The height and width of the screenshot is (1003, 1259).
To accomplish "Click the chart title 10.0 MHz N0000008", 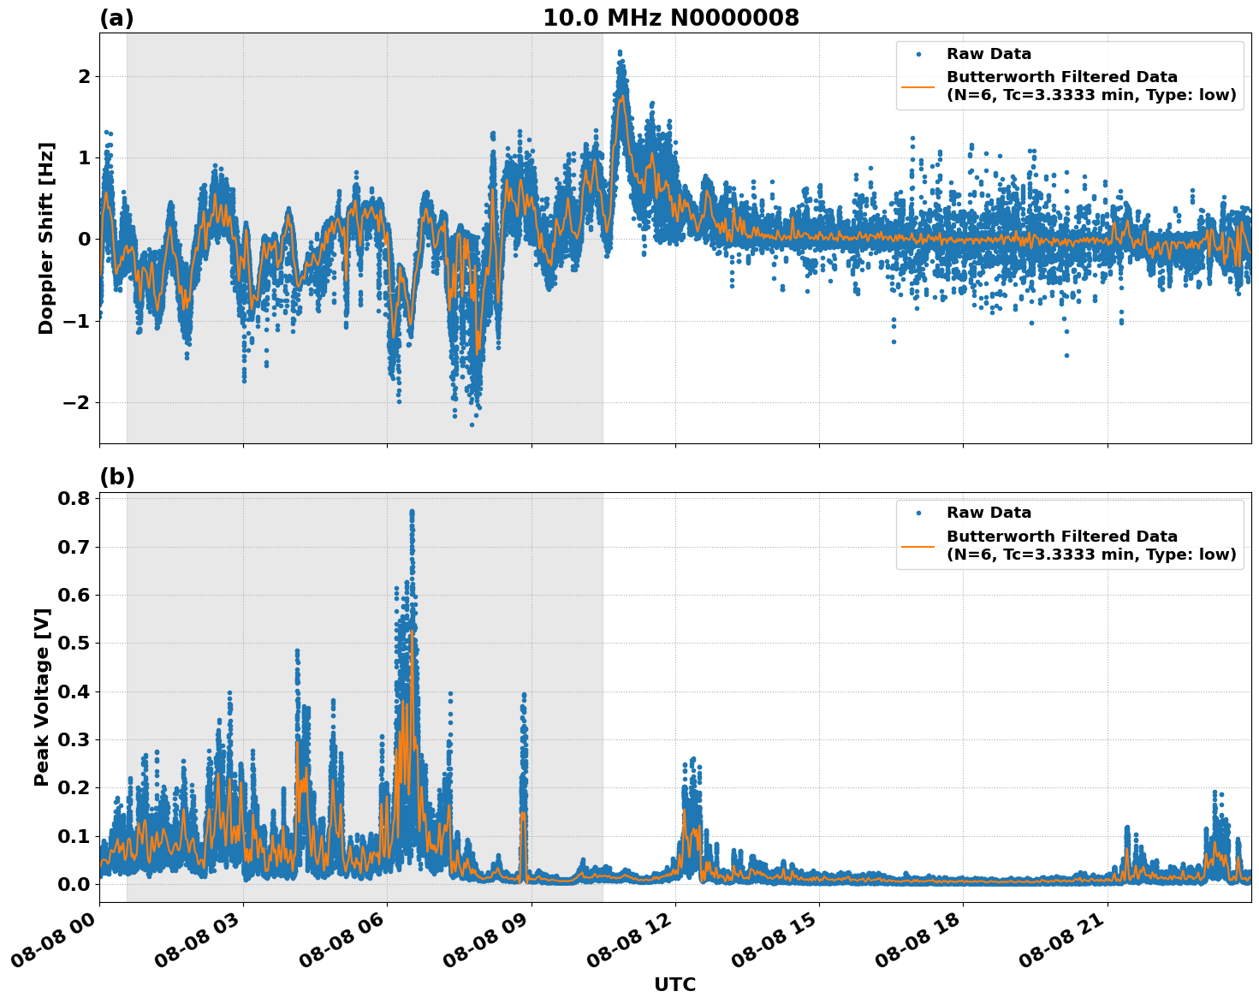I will point(670,18).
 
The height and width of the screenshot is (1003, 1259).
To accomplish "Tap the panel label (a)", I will point(116,18).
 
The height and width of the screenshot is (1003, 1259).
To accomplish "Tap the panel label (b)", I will point(116,477).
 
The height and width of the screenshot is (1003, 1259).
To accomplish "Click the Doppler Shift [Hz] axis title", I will point(46,238).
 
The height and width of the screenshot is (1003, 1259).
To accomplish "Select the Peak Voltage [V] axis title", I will point(42,697).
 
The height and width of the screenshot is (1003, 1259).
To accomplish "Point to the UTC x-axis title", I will point(674,984).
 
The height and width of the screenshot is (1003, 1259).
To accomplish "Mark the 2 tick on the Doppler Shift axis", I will point(84,76).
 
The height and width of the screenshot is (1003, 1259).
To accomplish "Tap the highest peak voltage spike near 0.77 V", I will point(412,512).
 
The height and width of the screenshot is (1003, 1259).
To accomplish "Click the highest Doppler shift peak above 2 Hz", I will point(620,53).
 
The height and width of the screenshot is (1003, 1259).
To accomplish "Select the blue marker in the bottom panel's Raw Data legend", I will point(918,513).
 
